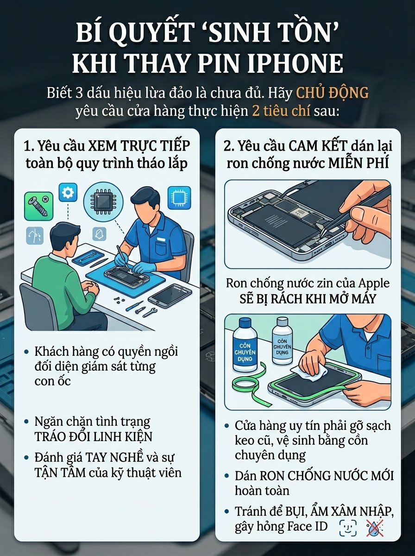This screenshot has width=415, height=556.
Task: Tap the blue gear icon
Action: (x=68, y=191)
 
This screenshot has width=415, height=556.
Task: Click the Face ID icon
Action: (x=347, y=528)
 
